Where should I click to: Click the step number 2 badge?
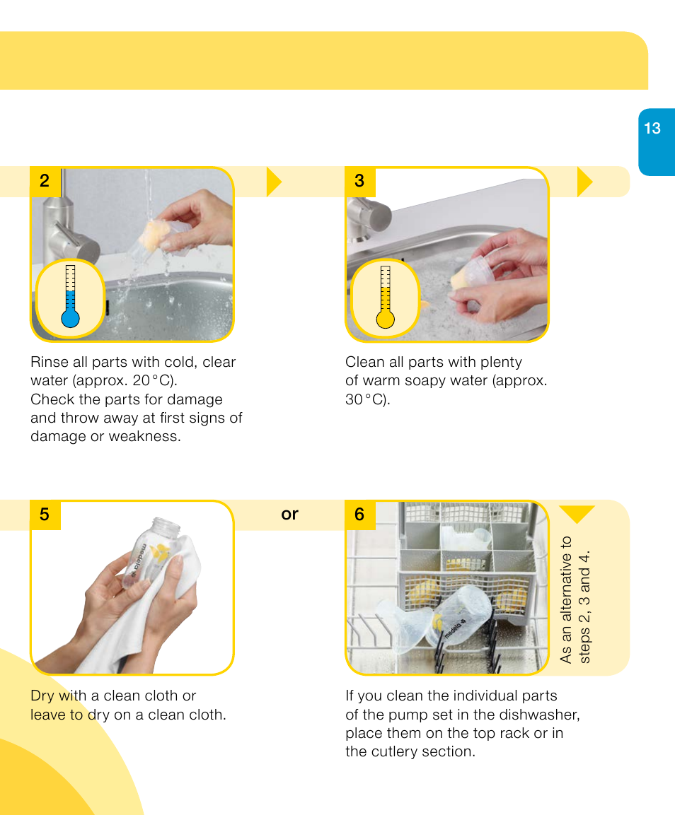(x=45, y=181)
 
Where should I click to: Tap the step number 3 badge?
(x=359, y=181)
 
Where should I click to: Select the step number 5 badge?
(x=45, y=515)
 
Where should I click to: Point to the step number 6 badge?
(x=359, y=515)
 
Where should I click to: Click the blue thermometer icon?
(x=70, y=298)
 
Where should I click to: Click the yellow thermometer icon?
(x=385, y=298)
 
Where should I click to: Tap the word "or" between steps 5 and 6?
(x=289, y=514)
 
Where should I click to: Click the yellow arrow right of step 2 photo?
(x=274, y=182)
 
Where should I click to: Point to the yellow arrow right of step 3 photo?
(x=584, y=182)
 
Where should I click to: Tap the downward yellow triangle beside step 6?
(x=577, y=514)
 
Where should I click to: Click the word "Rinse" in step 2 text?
(x=50, y=362)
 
